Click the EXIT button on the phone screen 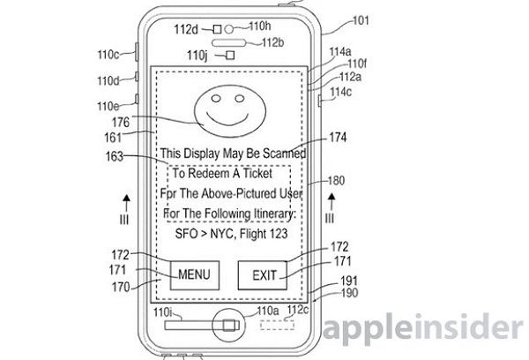pos(264,275)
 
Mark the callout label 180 pos(337,180)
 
